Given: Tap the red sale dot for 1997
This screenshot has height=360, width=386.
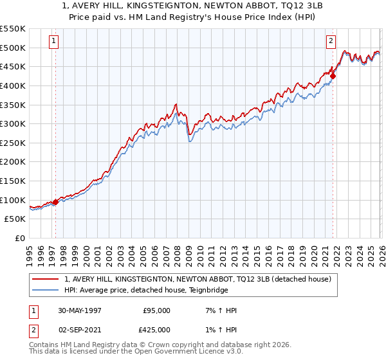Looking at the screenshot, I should click(x=56, y=202).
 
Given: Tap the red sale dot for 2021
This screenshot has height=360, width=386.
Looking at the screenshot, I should click(x=333, y=76).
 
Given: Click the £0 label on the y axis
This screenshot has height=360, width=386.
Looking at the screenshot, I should click(x=20, y=238).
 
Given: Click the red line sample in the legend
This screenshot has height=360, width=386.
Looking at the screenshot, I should click(x=46, y=279).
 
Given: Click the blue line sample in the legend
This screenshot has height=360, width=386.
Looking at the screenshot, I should click(x=46, y=290).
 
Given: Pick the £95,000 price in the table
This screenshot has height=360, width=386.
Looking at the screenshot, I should click(x=156, y=310).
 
